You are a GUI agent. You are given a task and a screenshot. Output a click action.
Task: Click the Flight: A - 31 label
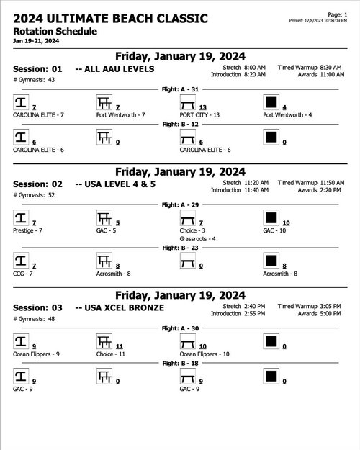[180, 89]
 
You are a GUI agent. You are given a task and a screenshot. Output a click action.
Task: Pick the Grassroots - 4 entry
[198, 238]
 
